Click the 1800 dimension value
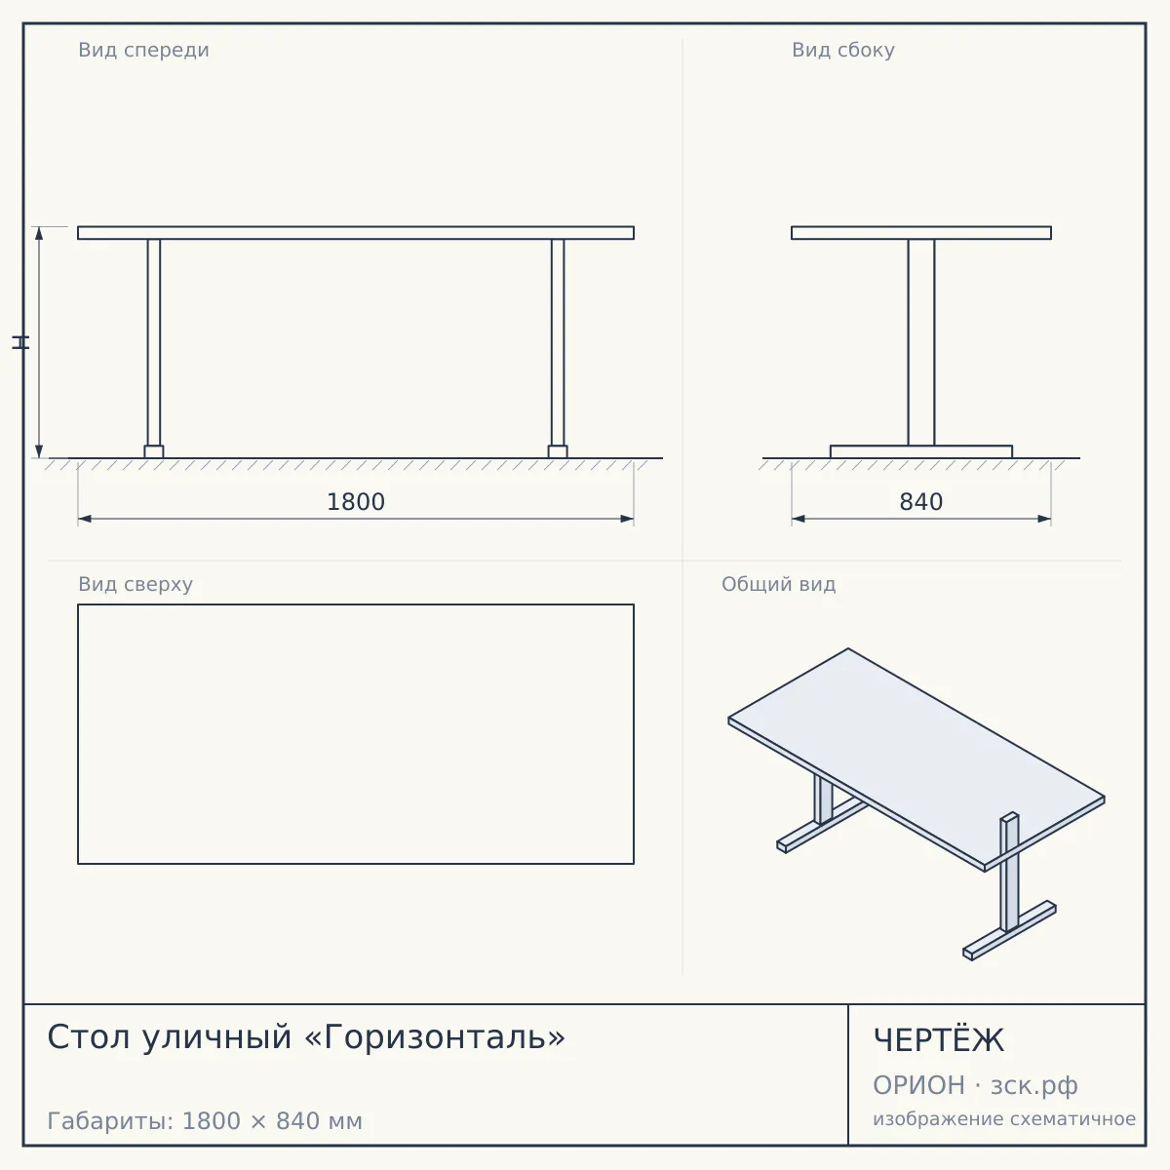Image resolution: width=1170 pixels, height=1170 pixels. pyautogui.click(x=356, y=502)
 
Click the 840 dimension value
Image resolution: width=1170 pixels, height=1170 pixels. pyautogui.click(x=921, y=502)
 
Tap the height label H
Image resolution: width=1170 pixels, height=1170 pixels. pyautogui.click(x=20, y=342)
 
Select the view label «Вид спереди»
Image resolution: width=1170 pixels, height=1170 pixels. pyautogui.click(x=143, y=50)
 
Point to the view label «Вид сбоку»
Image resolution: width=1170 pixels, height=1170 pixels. pyautogui.click(x=842, y=50)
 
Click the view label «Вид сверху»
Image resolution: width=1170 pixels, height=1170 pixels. pyautogui.click(x=136, y=584)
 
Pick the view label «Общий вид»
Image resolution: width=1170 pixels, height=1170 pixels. pyautogui.click(x=778, y=584)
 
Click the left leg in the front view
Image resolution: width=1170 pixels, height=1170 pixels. pyautogui.click(x=154, y=342)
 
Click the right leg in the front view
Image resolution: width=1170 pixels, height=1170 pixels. pyautogui.click(x=558, y=342)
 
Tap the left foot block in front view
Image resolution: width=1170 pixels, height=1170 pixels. pyautogui.click(x=154, y=451)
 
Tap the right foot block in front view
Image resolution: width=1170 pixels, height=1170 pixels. pyautogui.click(x=558, y=451)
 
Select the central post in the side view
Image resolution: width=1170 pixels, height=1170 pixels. pyautogui.click(x=921, y=342)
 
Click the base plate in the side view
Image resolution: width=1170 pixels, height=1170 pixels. pyautogui.click(x=921, y=451)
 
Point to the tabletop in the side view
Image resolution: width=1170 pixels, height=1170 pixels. pyautogui.click(x=921, y=233)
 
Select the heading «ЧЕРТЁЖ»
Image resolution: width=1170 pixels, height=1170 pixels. pyautogui.click(x=939, y=1040)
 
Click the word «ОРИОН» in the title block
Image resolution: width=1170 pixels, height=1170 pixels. pyautogui.click(x=918, y=1085)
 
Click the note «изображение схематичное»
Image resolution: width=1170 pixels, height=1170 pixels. pyautogui.click(x=1004, y=1119)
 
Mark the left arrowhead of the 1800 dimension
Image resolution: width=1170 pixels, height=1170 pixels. pyautogui.click(x=85, y=519)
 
